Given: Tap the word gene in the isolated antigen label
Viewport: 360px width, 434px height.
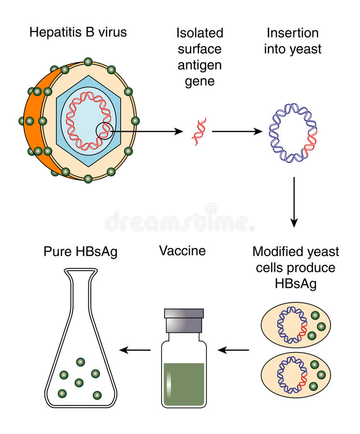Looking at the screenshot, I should click(199, 81).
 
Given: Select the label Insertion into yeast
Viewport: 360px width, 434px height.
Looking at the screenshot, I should click(292, 41).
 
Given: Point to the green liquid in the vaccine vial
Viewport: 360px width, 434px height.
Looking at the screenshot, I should click(183, 383).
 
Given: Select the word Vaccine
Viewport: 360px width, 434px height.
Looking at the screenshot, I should click(182, 251).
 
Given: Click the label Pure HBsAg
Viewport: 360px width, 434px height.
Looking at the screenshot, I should click(80, 252).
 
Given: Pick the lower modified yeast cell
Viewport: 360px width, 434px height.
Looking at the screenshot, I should click(295, 374).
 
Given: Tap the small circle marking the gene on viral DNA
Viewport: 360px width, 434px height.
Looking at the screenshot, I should click(105, 131).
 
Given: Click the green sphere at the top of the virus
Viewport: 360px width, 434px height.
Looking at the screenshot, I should click(88, 62).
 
